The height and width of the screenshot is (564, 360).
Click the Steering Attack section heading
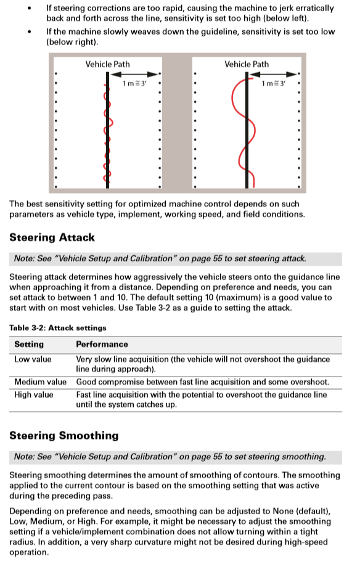click(52, 237)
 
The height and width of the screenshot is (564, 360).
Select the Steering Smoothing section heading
click(64, 436)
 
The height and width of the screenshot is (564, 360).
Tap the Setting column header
click(29, 344)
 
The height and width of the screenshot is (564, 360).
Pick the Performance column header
click(102, 344)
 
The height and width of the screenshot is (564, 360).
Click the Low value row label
click(33, 359)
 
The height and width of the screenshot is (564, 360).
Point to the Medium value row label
click(40, 382)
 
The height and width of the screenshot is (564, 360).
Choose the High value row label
click(34, 394)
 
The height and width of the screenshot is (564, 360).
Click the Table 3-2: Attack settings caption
click(58, 328)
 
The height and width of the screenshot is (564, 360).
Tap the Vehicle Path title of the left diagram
click(107, 64)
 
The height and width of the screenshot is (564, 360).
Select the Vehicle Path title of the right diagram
click(247, 64)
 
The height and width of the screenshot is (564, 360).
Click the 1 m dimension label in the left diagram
click(134, 83)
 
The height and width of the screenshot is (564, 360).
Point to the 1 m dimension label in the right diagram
click(273, 83)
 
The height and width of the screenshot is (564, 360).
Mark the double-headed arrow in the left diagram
click(134, 75)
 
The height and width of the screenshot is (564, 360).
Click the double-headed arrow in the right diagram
click(273, 75)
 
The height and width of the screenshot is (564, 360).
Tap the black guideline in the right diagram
click(247, 130)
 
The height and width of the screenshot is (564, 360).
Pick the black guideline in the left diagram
click(107, 130)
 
